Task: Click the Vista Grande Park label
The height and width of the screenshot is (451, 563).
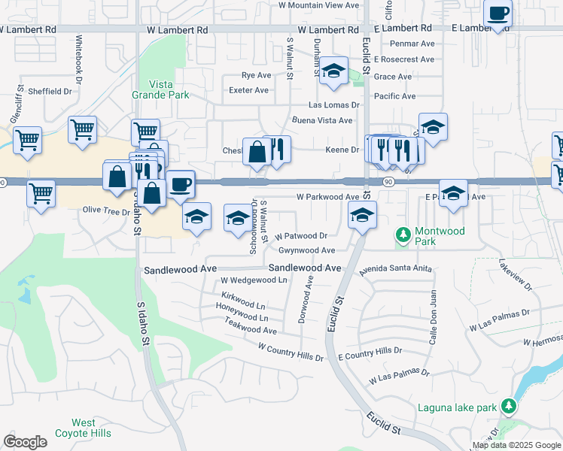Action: pyautogui.click(x=169, y=89)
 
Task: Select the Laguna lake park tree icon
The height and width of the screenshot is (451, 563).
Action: pyautogui.click(x=509, y=407)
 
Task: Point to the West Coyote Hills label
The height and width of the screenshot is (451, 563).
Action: pyautogui.click(x=83, y=428)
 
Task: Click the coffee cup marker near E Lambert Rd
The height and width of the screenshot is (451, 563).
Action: pyautogui.click(x=498, y=14)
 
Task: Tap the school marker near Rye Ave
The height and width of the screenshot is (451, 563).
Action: pyautogui.click(x=333, y=72)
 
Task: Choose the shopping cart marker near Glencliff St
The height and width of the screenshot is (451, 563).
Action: pyautogui.click(x=27, y=140)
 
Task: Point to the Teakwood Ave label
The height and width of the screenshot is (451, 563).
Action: pyautogui.click(x=250, y=326)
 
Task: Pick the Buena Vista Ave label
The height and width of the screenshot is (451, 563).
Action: pyautogui.click(x=322, y=120)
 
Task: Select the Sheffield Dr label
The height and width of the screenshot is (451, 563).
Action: pyautogui.click(x=50, y=92)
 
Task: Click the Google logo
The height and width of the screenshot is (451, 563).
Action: pyautogui.click(x=25, y=442)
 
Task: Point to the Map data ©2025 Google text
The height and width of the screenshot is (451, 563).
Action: pyautogui.click(x=516, y=445)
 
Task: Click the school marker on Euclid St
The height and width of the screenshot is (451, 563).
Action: pyautogui.click(x=362, y=216)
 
